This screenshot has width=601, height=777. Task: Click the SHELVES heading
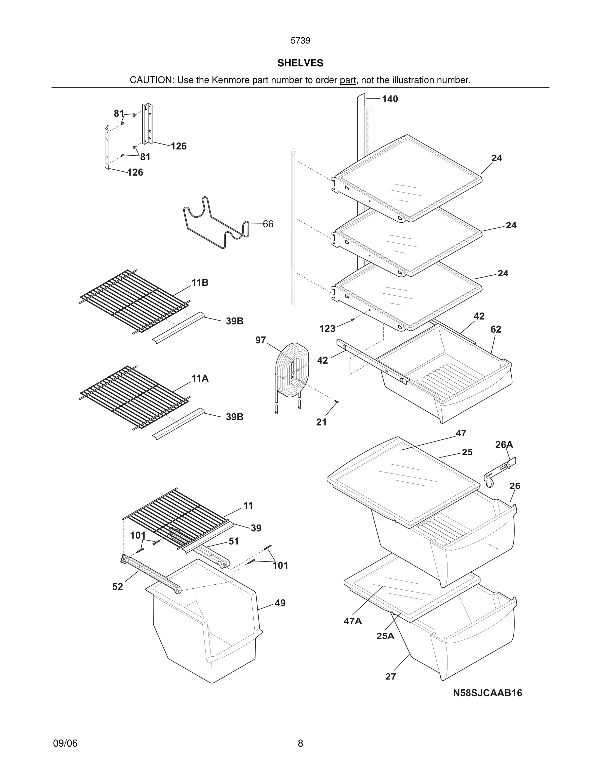pos(300,63)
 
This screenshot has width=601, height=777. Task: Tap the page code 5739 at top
pos(300,41)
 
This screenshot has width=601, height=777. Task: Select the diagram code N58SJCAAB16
pos(487,693)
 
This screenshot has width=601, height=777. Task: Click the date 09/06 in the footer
pos(65,743)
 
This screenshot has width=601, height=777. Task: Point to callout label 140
pos(390,99)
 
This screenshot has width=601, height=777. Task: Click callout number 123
pos(327,329)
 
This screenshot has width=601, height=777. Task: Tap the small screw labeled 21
pos(337,402)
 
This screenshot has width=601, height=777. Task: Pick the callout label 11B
pos(200,283)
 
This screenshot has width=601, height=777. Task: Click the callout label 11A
pos(200,379)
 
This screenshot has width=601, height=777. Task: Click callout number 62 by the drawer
pos(496,329)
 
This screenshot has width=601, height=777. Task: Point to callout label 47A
pos(353,621)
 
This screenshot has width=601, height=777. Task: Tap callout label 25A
pos(385,636)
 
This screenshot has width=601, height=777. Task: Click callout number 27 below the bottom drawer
pos(391,677)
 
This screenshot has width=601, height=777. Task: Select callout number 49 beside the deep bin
pos(280,603)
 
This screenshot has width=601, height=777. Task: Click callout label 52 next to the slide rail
pos(118,587)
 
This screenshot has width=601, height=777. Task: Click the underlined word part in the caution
pos(348,80)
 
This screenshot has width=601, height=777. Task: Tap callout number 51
pos(234,541)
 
